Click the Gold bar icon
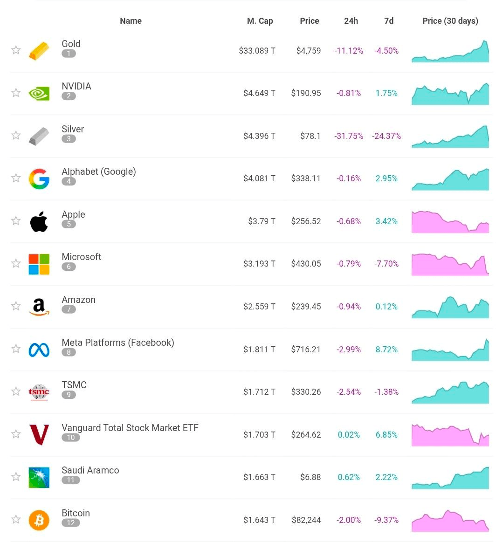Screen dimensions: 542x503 click(x=39, y=51)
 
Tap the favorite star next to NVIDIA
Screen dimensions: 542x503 click(x=16, y=93)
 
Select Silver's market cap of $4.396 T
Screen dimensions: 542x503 click(x=259, y=136)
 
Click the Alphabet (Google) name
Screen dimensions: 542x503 click(x=99, y=172)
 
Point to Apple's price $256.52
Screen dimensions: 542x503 click(x=306, y=221)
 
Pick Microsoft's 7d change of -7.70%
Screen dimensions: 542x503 click(x=386, y=264)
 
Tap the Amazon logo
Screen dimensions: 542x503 click(x=39, y=307)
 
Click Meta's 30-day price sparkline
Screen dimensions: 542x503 click(x=450, y=350)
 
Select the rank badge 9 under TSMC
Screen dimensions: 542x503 click(x=69, y=395)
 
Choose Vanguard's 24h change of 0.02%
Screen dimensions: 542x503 click(x=349, y=435)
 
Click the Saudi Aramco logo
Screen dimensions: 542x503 click(x=39, y=477)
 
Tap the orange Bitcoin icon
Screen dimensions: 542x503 click(x=39, y=520)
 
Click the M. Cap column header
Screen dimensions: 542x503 click(x=260, y=21)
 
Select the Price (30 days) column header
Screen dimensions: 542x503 click(x=450, y=21)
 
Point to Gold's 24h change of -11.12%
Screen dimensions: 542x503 click(x=348, y=51)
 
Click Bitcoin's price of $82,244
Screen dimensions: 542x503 click(x=306, y=520)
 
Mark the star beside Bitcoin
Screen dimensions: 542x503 click(x=16, y=519)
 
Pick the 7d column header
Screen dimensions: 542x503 click(x=388, y=21)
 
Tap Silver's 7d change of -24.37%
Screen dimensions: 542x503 click(x=386, y=136)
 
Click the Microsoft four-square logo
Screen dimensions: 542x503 click(x=39, y=264)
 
